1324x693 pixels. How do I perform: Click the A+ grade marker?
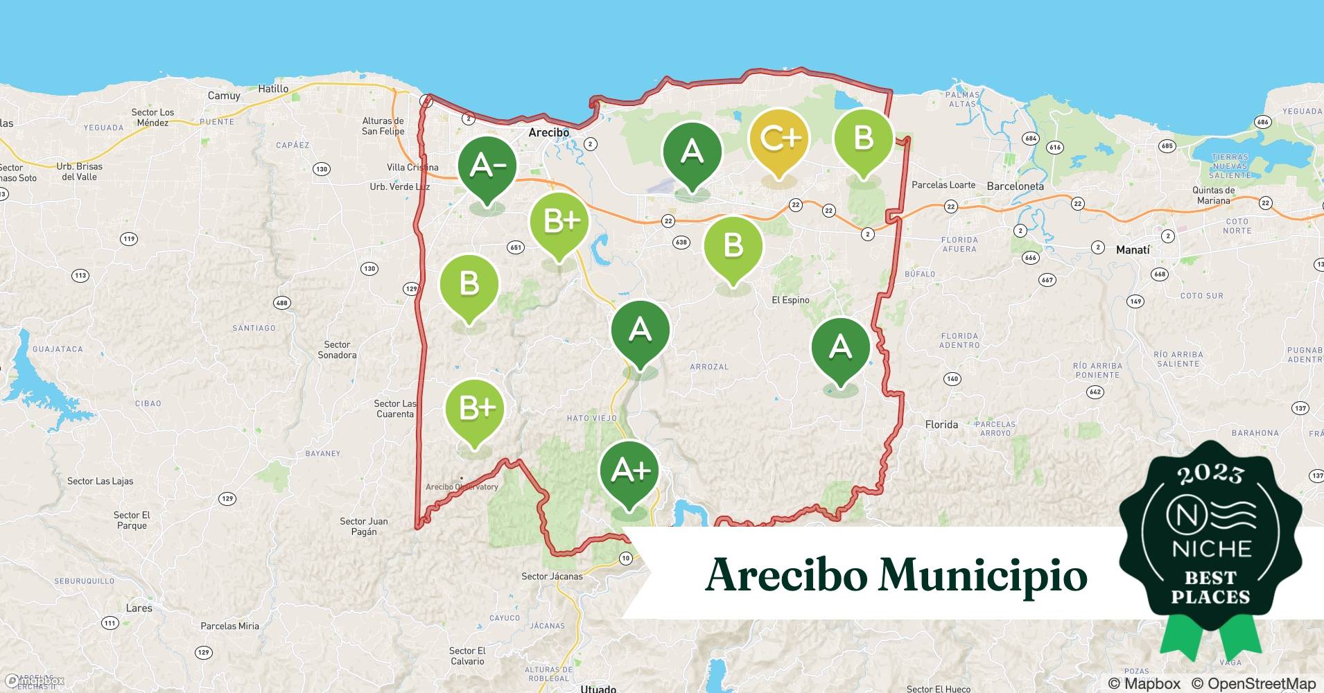pos(629,471)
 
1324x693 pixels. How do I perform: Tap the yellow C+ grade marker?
pos(779,139)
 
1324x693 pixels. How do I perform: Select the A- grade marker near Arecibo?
pos(487,166)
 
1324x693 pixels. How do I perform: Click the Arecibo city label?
pos(548,132)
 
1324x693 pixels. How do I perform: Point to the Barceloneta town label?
pos(1015,186)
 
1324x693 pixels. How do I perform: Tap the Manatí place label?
pos(1133,249)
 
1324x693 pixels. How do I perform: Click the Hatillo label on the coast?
pos(273,89)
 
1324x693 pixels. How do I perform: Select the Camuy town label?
pos(224,96)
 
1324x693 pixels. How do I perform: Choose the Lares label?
pos(139,608)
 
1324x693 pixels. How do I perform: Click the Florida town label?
pos(941,424)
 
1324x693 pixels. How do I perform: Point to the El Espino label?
pos(790,300)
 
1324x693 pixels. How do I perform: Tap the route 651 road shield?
pos(515,247)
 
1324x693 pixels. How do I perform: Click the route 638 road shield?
pos(681,242)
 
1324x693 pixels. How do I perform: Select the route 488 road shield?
pos(281,303)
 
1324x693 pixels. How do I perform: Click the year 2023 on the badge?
pos(1210,475)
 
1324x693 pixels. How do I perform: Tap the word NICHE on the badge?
pos(1211,549)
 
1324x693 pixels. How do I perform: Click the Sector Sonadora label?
pos(337,350)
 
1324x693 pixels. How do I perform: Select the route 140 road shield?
pos(952,379)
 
